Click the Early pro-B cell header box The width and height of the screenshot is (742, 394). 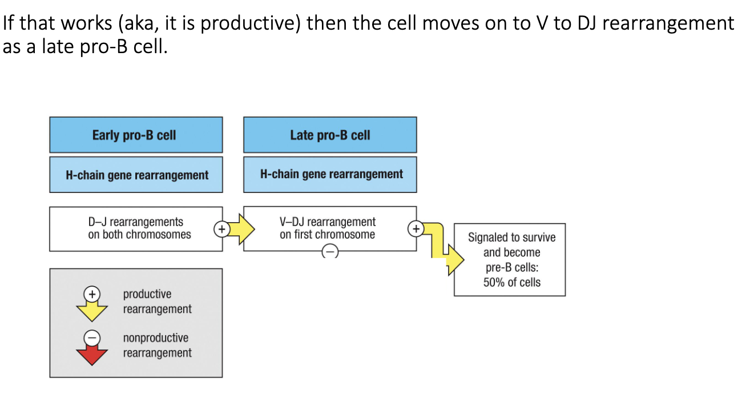click(136, 135)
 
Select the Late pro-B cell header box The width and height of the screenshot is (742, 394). click(330, 135)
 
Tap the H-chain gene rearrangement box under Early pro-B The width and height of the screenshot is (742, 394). click(136, 175)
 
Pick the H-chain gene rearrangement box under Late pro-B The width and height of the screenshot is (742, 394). click(330, 174)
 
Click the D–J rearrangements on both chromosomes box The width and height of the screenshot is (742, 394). click(136, 228)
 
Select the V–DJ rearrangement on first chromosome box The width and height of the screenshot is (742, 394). click(328, 228)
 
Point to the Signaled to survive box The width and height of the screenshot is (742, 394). click(510, 259)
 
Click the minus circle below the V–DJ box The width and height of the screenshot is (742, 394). click(330, 252)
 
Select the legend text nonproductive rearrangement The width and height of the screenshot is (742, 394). click(157, 345)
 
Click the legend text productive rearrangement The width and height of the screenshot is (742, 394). click(157, 301)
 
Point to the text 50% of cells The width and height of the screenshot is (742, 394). click(511, 282)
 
